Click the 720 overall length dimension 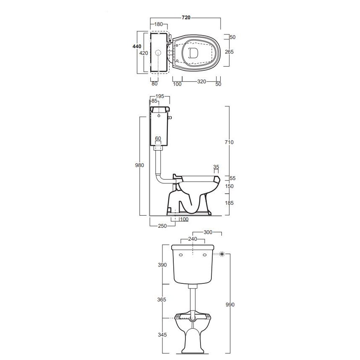[x=186, y=18]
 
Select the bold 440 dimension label [x=137, y=46]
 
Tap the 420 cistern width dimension [x=144, y=53]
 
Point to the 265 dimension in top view [x=229, y=52]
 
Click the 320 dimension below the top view [x=202, y=82]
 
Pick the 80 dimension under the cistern [x=154, y=84]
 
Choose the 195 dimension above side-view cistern [x=160, y=96]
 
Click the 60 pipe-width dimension [x=158, y=139]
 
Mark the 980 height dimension [x=139, y=165]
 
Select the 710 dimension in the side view [x=229, y=142]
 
